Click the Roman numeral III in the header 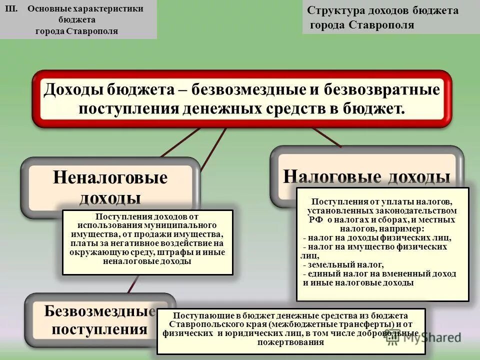pyautogui.click(x=16, y=9)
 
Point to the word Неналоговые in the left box pyautogui.click(x=110, y=177)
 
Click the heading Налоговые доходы pyautogui.click(x=366, y=176)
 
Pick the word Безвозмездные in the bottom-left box pyautogui.click(x=99, y=311)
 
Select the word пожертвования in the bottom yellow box pyautogui.click(x=291, y=342)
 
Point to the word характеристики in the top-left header pyautogui.click(x=108, y=9)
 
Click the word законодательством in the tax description pyautogui.click(x=423, y=211)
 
